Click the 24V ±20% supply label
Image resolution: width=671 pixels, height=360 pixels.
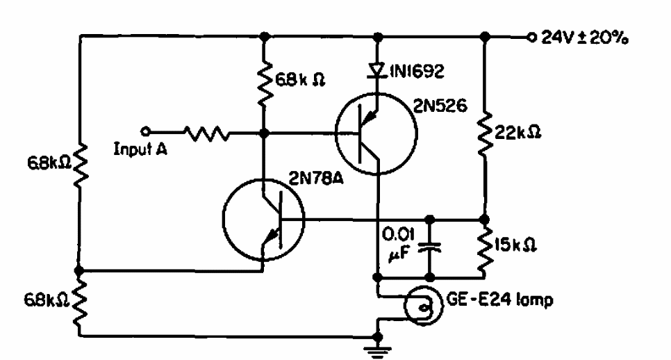(585, 38)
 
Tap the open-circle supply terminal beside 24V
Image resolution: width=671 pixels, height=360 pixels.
(531, 38)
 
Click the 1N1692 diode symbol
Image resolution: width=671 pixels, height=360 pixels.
(376, 70)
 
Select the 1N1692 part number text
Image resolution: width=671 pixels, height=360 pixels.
(416, 71)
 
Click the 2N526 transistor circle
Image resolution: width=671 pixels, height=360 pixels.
(417, 133)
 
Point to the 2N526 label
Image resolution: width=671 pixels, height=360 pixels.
(440, 106)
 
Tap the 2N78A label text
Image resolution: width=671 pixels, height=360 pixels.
(316, 178)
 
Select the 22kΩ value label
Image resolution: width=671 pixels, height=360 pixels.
(517, 132)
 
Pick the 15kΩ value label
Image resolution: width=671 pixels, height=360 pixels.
(515, 245)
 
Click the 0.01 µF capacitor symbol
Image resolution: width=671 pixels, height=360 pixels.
(429, 247)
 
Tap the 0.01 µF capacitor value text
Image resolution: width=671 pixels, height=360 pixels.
(398, 245)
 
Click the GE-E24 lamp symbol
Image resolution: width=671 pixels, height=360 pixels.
(442, 305)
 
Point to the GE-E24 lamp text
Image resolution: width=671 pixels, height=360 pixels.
(499, 300)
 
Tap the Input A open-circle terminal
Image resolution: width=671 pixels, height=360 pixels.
(145, 131)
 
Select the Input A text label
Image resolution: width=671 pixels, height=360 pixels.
(140, 149)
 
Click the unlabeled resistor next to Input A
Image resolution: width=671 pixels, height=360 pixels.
(207, 133)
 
